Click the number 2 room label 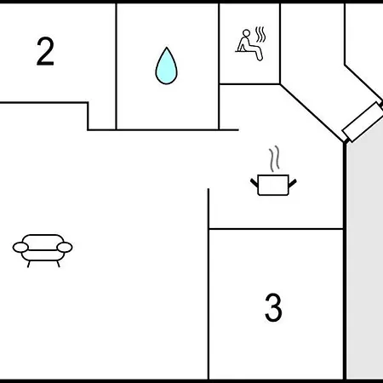point(45,51)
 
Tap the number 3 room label point(273,307)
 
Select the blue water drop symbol point(166,66)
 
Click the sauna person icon point(251,44)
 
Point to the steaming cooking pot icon point(273,171)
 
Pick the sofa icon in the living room point(43,250)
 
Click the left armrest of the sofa point(20,248)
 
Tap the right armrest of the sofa point(65,248)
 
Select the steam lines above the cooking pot point(274,158)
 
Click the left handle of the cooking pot point(254,183)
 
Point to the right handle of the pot point(293,183)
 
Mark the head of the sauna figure point(247,33)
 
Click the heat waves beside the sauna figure point(260,35)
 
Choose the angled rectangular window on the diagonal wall point(363,122)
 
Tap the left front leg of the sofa point(29,264)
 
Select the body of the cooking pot point(273,185)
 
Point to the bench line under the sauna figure point(246,51)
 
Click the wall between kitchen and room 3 point(276,229)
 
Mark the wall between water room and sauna point(219,66)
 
